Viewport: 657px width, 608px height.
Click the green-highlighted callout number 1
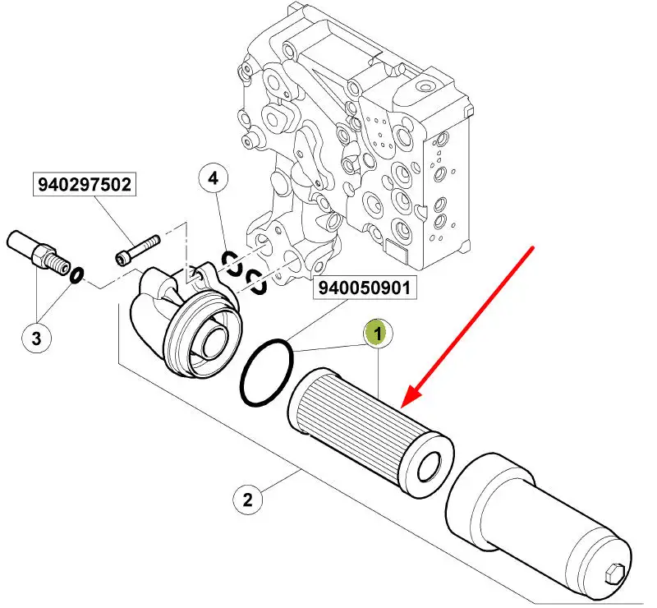click(x=378, y=333)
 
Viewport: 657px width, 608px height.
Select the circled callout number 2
click(x=247, y=498)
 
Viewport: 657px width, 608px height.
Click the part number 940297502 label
click(x=84, y=185)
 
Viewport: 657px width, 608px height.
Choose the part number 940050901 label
click(x=365, y=288)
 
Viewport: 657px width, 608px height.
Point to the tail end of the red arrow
click(x=535, y=246)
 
